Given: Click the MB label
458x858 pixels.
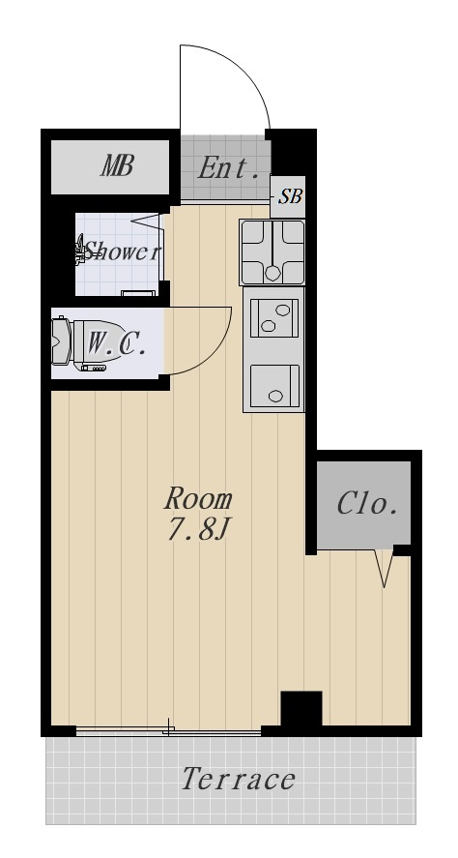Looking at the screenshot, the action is [117, 165].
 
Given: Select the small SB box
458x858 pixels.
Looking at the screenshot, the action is [288, 196].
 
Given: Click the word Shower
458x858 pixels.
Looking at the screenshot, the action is [123, 251].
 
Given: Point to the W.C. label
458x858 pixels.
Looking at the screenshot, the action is [116, 343].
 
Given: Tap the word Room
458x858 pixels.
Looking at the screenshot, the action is [198, 498].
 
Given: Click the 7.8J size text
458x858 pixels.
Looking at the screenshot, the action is [197, 529].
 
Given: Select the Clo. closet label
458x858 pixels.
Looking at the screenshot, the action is [366, 504].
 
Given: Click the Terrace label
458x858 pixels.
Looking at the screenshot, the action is [239, 780].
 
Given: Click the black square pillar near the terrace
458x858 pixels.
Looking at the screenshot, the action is [301, 709].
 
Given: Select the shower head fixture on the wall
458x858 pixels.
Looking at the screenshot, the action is [80, 250].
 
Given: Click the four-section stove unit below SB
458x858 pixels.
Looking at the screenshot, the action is [272, 252].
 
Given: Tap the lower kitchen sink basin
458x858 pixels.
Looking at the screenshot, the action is [274, 386].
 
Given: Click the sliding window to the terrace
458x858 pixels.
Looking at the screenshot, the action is [168, 730].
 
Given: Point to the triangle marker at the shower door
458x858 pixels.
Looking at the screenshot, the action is [148, 221].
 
